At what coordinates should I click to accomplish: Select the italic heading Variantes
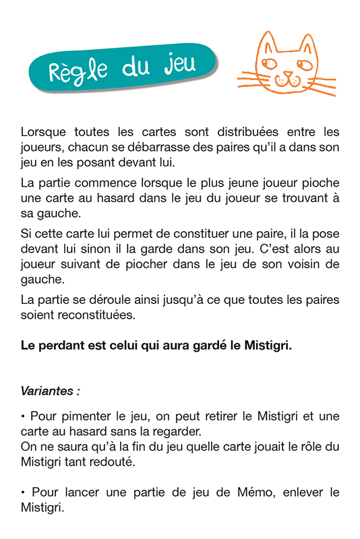(48, 390)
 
